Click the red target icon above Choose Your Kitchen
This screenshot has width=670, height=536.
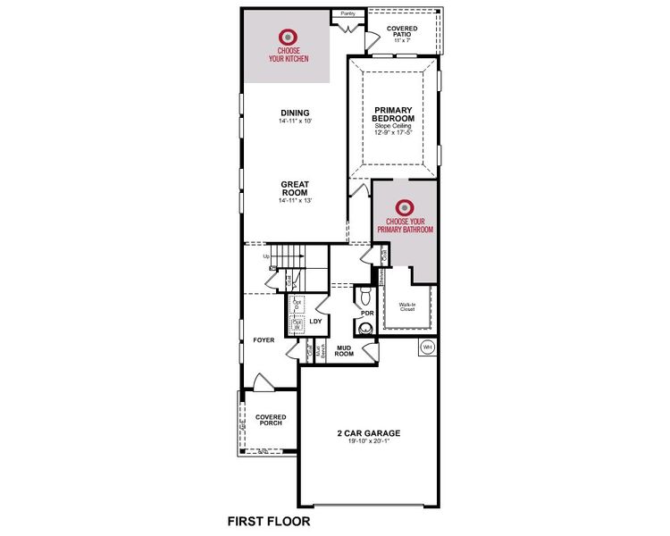coord(288,38)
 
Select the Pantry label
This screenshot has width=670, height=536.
coord(348,14)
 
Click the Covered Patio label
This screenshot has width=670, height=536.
coord(402,33)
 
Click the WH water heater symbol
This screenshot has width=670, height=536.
coord(427,346)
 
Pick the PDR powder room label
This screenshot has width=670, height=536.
coord(366,314)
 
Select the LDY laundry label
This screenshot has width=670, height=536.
coord(315,322)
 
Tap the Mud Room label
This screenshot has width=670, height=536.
coord(345,350)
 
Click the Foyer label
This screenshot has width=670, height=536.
coord(264,340)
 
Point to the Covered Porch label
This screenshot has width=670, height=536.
coord(270,419)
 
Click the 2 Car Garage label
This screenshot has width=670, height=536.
coord(369,434)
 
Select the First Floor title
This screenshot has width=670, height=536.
coord(269,520)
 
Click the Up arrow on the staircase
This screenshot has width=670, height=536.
coord(266,257)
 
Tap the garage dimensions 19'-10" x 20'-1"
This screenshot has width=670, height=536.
coord(369,444)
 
